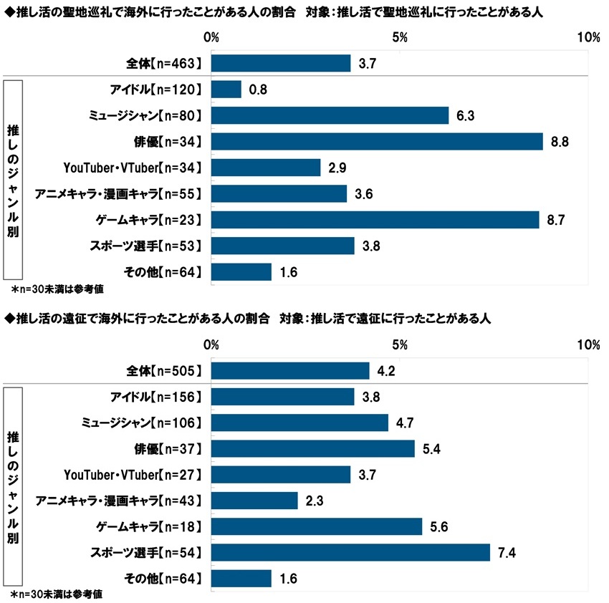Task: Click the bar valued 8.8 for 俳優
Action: point(377,142)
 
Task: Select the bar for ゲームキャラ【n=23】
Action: point(375,220)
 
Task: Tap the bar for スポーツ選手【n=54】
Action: point(351,552)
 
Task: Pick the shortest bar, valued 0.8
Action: point(226,90)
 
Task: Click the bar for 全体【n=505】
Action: point(290,371)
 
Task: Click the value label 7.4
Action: point(507,552)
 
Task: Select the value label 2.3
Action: point(315,501)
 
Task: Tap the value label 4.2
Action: point(386,371)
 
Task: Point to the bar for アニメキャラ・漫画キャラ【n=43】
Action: point(254,501)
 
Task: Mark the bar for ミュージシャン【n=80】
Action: point(330,116)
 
